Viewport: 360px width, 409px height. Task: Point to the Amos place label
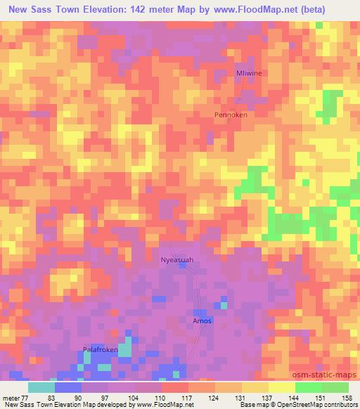coord(202,321)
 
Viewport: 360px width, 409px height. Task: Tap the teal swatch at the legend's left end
coord(41,387)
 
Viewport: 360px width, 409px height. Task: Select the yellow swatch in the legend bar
coord(255,387)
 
